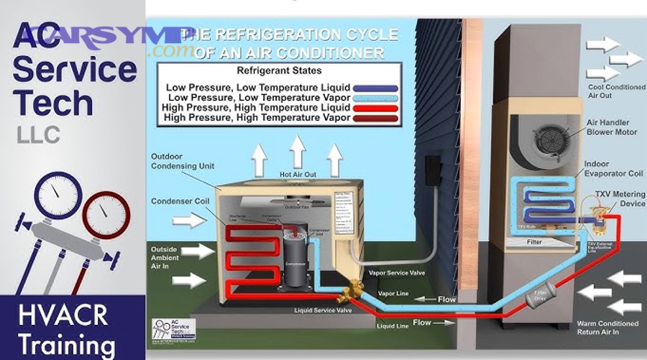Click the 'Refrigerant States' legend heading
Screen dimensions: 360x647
point(279,72)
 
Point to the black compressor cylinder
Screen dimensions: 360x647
point(293,256)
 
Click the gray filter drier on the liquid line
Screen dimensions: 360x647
point(538,295)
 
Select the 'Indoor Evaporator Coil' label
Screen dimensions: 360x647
point(612,168)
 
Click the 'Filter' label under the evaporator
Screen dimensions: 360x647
point(533,242)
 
